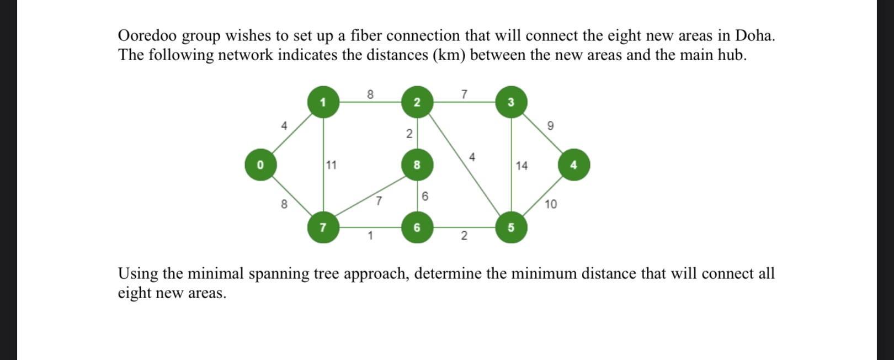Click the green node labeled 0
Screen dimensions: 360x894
click(260, 165)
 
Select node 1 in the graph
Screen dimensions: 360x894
click(323, 102)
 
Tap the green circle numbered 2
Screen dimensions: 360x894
click(417, 102)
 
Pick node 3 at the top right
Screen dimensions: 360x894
click(511, 102)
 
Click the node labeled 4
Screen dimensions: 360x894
click(573, 165)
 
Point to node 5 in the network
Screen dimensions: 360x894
click(511, 227)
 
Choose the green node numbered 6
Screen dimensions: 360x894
click(417, 227)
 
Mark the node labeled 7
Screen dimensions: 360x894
click(323, 227)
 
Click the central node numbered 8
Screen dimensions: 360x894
click(417, 165)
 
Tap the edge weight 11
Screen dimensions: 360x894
click(331, 165)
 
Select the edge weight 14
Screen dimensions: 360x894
click(521, 166)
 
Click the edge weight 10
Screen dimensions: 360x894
click(551, 204)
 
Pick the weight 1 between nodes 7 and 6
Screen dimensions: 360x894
click(370, 236)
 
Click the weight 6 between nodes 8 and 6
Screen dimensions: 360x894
click(425, 197)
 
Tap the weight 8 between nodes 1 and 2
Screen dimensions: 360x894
click(370, 94)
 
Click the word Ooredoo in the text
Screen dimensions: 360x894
click(147, 36)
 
